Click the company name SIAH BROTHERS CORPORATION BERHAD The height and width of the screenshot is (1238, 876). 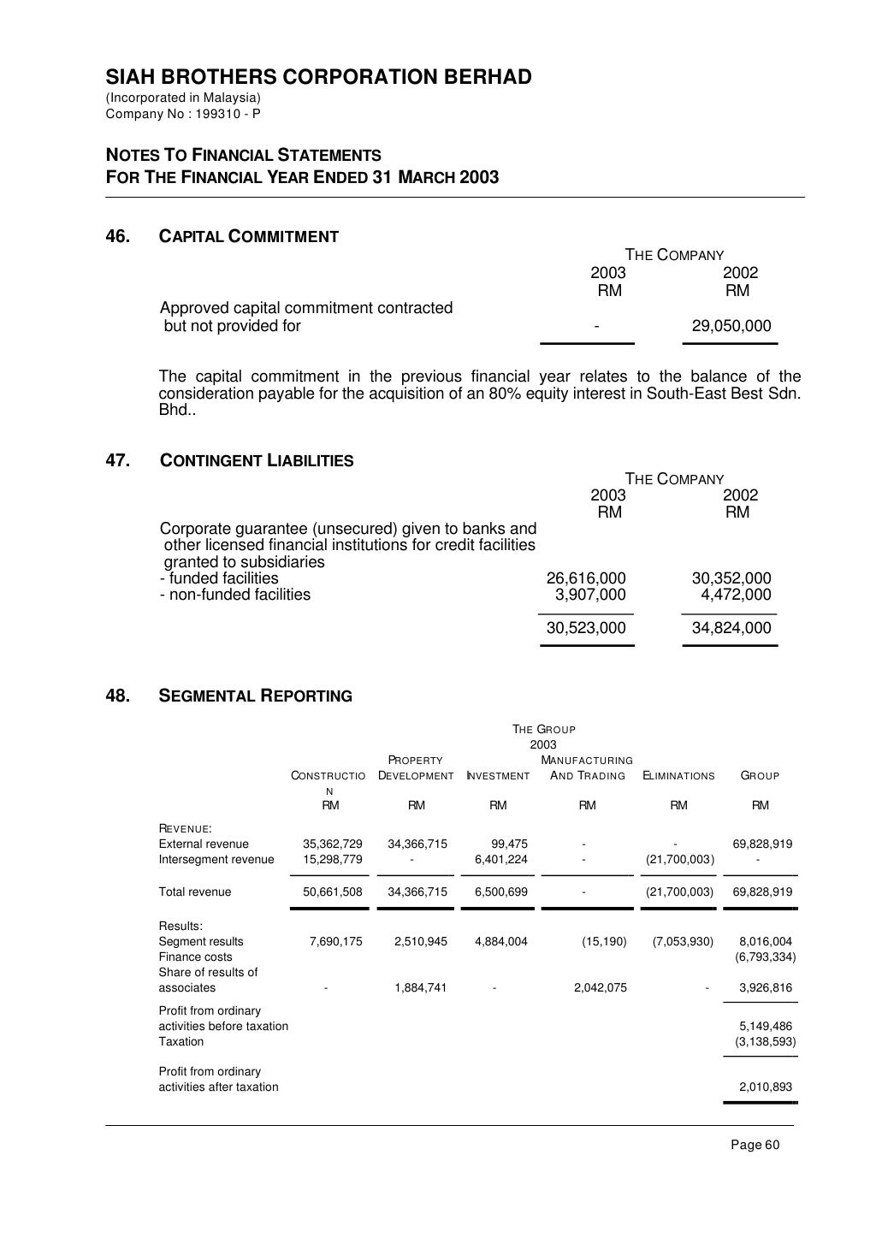click(318, 78)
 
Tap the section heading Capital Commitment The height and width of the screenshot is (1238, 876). click(249, 237)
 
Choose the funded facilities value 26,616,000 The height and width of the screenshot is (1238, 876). click(586, 578)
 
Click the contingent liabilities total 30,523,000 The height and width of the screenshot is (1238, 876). click(586, 628)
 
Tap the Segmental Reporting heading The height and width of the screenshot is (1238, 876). click(256, 696)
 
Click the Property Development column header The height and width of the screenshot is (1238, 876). click(416, 768)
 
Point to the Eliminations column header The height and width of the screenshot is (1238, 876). click(678, 776)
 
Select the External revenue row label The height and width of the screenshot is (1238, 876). click(204, 844)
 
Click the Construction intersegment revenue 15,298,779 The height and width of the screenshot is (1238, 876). click(333, 859)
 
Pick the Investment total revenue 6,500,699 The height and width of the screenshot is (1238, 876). click(500, 891)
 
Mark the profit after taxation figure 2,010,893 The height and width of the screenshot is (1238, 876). click(765, 1087)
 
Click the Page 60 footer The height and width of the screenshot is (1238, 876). click(755, 1146)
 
